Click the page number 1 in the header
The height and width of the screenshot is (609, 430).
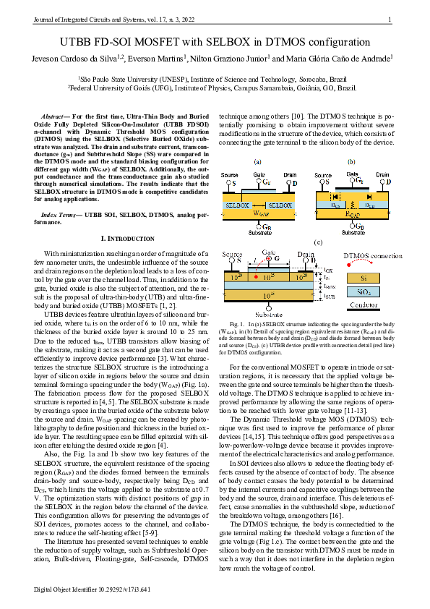(x=390, y=20)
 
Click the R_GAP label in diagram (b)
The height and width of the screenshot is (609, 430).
(x=353, y=216)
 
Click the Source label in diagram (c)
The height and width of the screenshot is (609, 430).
(x=232, y=255)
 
